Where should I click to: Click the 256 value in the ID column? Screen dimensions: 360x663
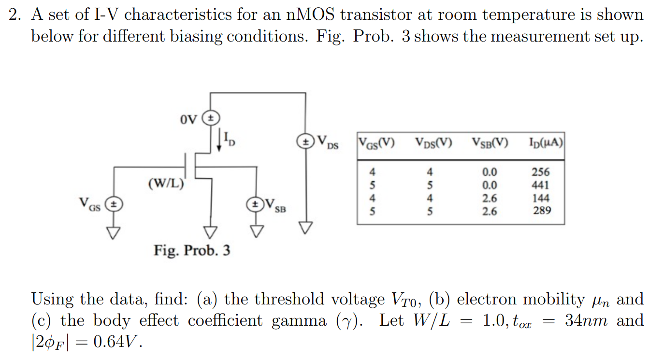point(541,172)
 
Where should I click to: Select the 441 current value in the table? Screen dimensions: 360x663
point(541,185)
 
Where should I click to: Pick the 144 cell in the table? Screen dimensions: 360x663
point(541,198)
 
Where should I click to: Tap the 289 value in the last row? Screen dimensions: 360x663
point(541,211)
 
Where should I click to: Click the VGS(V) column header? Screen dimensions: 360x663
point(375,143)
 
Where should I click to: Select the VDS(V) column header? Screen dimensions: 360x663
point(433,143)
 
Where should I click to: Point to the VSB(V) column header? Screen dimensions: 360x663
point(490,143)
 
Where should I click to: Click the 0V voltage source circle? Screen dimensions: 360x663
point(211,117)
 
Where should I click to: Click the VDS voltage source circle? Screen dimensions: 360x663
point(305,142)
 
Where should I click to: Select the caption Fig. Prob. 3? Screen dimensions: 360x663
point(192,250)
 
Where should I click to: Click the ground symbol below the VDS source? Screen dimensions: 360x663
point(305,227)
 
